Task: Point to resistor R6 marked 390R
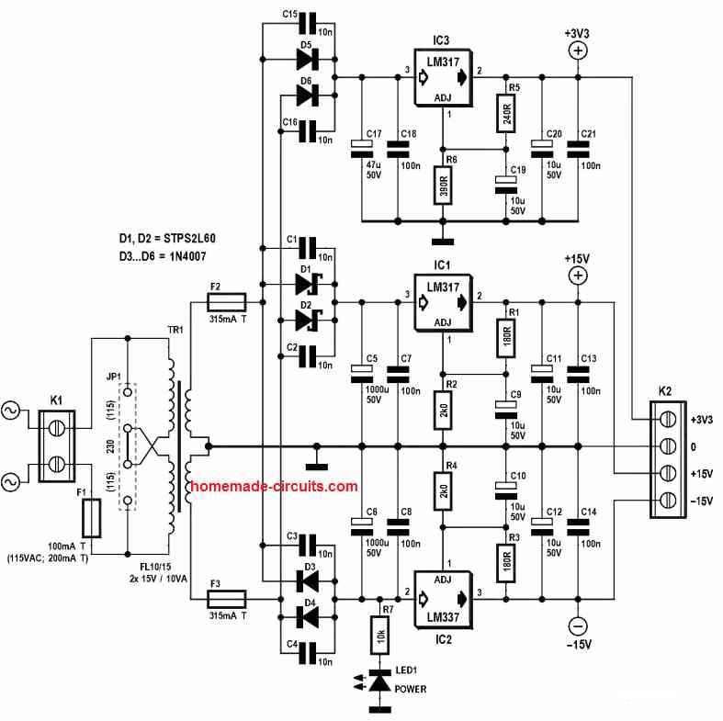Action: coord(443,187)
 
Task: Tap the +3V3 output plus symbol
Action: coord(579,51)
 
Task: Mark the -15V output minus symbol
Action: coord(579,626)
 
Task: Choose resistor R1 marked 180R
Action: coord(504,336)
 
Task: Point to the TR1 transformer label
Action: coord(172,328)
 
